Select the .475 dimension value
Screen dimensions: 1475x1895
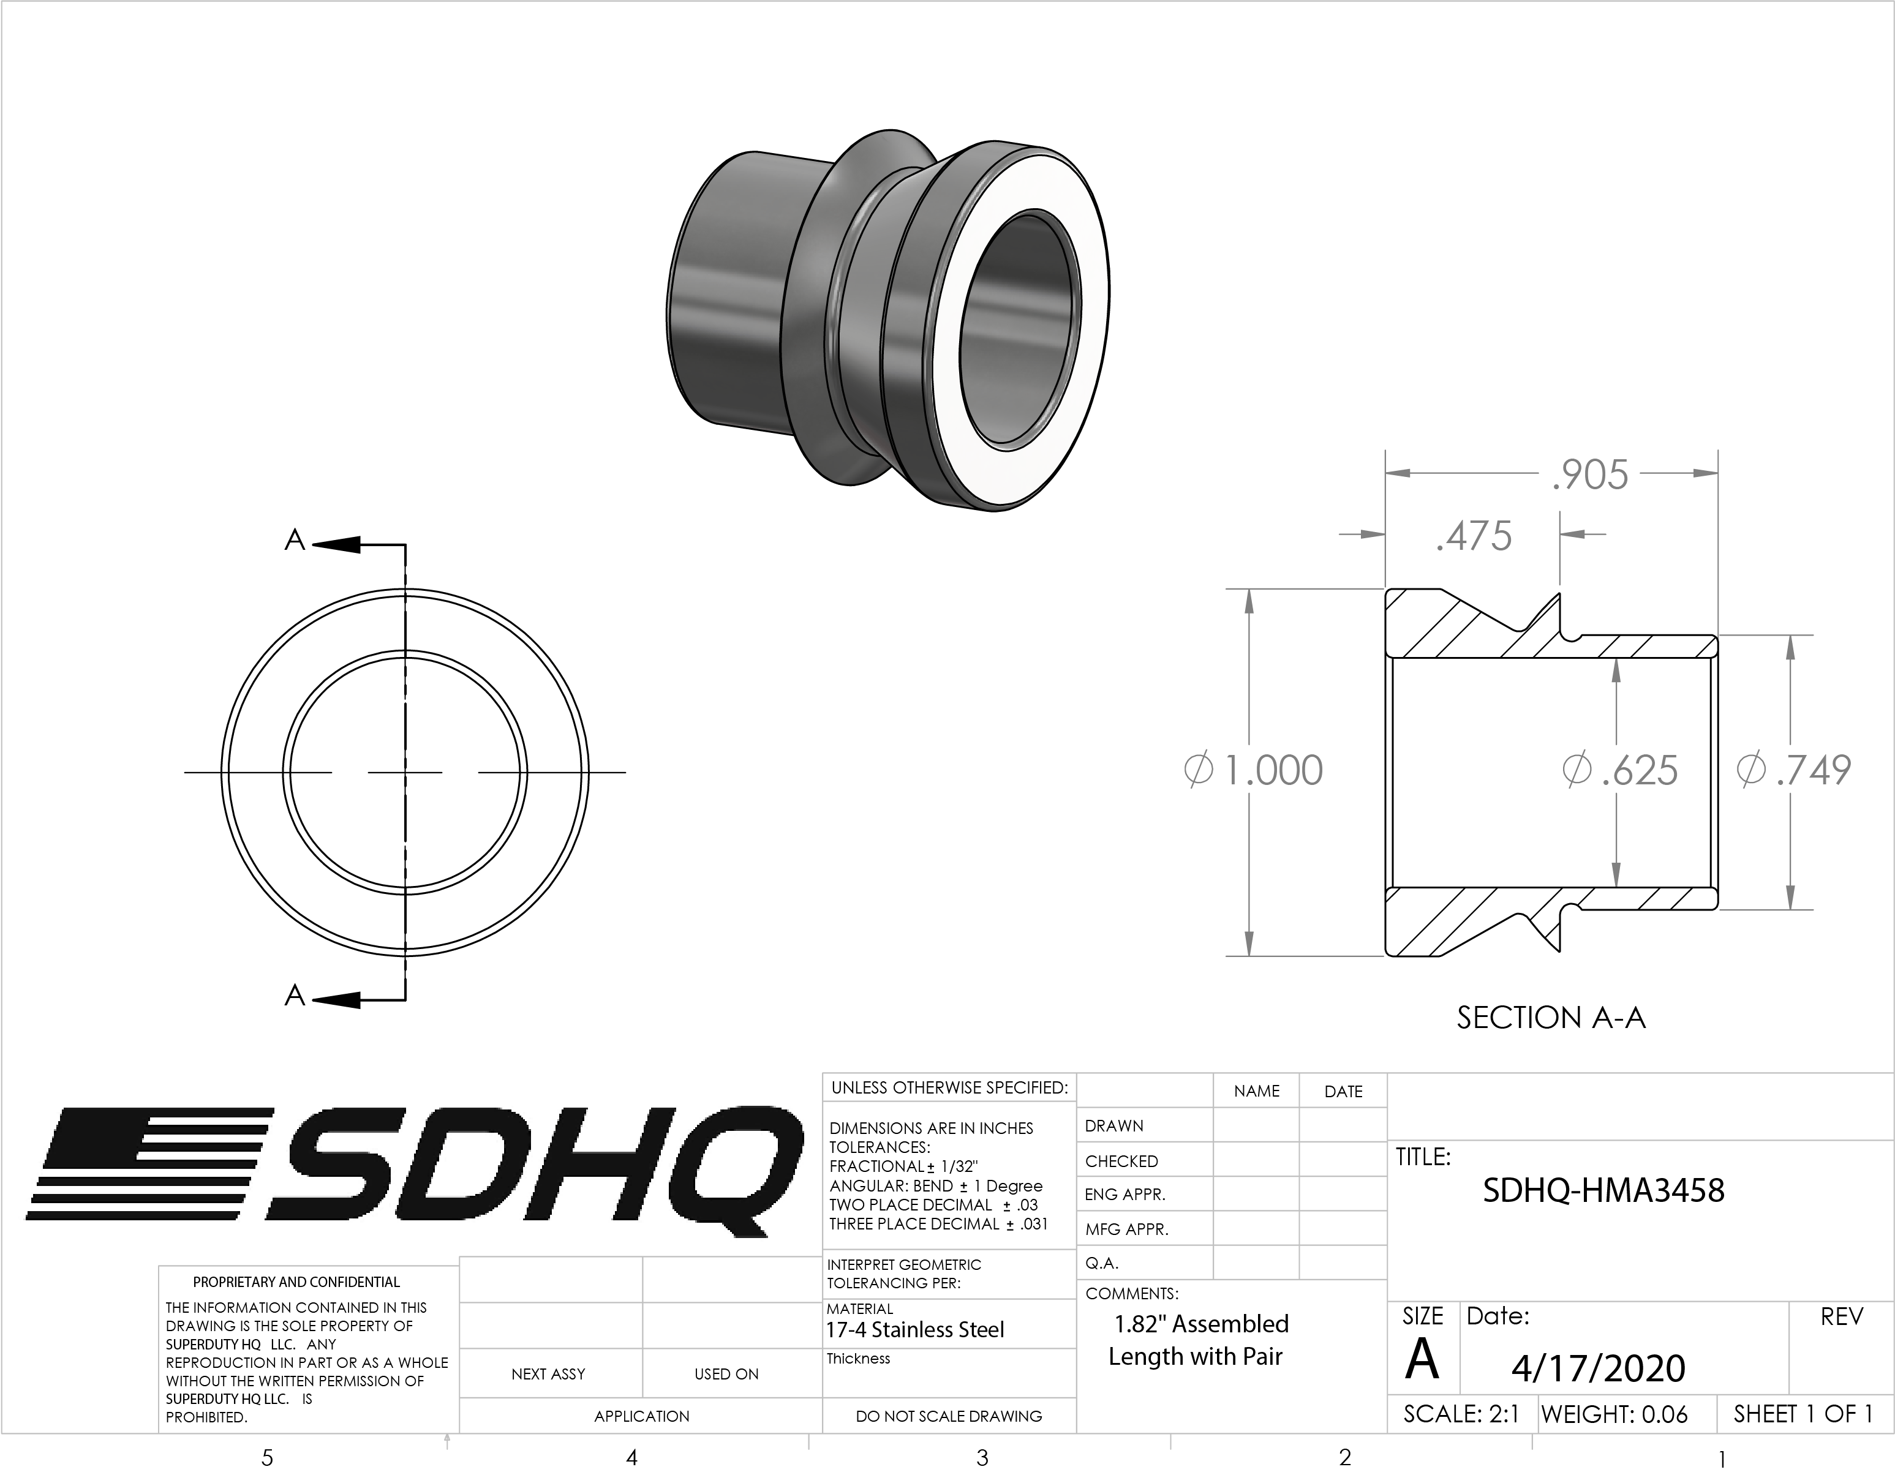[x=1474, y=536]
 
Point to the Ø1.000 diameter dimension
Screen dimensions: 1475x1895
[x=1254, y=770]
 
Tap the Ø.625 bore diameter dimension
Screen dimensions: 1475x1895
[x=1620, y=770]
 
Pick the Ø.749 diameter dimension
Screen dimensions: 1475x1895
[x=1795, y=770]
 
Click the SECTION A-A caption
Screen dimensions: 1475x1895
[x=1551, y=1018]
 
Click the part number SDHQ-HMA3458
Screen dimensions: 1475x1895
[x=1603, y=1190]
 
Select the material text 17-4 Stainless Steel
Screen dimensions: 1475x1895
[x=914, y=1330]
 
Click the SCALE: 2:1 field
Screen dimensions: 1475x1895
[x=1461, y=1415]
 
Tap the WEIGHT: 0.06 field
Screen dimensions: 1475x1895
[x=1614, y=1415]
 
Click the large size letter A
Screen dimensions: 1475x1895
[x=1421, y=1360]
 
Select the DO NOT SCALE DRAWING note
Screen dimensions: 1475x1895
[x=948, y=1417]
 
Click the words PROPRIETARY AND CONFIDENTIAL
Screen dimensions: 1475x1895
[x=296, y=1282]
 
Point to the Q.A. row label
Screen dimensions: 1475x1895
[x=1102, y=1263]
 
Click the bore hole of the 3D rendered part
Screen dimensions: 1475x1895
[x=1020, y=329]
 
